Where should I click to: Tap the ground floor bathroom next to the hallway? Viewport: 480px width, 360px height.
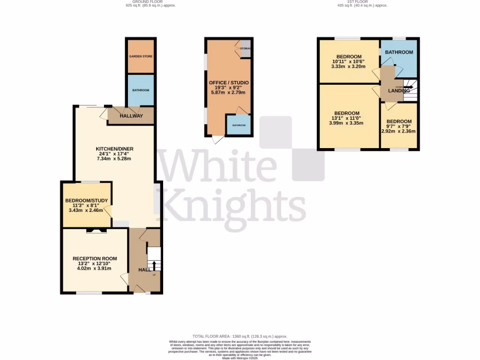click(141, 90)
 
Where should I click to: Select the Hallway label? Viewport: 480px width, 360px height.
click(131, 116)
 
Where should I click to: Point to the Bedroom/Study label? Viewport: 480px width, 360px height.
click(86, 201)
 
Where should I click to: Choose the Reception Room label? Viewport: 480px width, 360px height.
click(95, 258)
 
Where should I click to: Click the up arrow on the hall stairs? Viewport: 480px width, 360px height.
click(154, 266)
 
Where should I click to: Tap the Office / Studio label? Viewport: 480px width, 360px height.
click(229, 82)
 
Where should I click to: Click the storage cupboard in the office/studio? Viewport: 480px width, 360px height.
click(246, 49)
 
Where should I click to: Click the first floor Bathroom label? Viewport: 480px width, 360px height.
click(399, 52)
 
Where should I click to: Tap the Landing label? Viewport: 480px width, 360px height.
click(399, 90)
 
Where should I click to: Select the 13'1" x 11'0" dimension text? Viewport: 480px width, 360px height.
click(347, 118)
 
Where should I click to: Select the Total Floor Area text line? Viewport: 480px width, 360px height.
click(240, 336)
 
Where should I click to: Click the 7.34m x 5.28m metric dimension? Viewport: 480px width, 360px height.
click(113, 158)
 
